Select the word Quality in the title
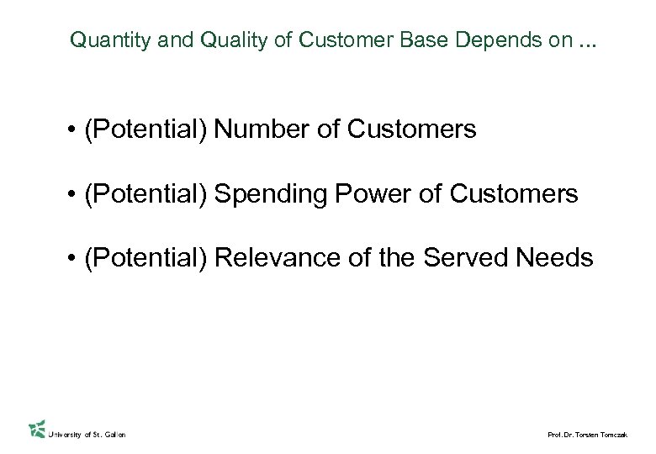tap(201, 40)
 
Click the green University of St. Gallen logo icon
tap(36, 429)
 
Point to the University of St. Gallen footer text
tap(88, 434)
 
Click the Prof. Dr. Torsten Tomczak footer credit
tap(586, 435)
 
